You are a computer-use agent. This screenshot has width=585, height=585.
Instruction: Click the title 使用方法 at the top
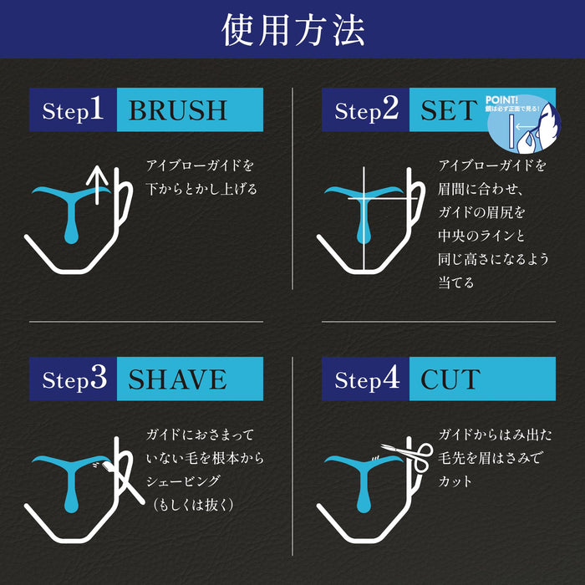292,30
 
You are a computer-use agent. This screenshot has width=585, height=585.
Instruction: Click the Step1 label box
73,110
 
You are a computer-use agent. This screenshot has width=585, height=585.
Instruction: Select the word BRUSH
177,110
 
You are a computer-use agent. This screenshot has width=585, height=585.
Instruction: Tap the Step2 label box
365,110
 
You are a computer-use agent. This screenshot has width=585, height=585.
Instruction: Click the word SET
448,110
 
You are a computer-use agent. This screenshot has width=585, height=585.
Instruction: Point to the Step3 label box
73,379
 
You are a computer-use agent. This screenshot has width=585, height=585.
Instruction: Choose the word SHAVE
177,379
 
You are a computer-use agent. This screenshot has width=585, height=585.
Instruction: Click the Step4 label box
365,379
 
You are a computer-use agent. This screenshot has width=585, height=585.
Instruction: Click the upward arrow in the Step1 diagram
98,184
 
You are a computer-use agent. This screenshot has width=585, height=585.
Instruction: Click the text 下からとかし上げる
201,189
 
